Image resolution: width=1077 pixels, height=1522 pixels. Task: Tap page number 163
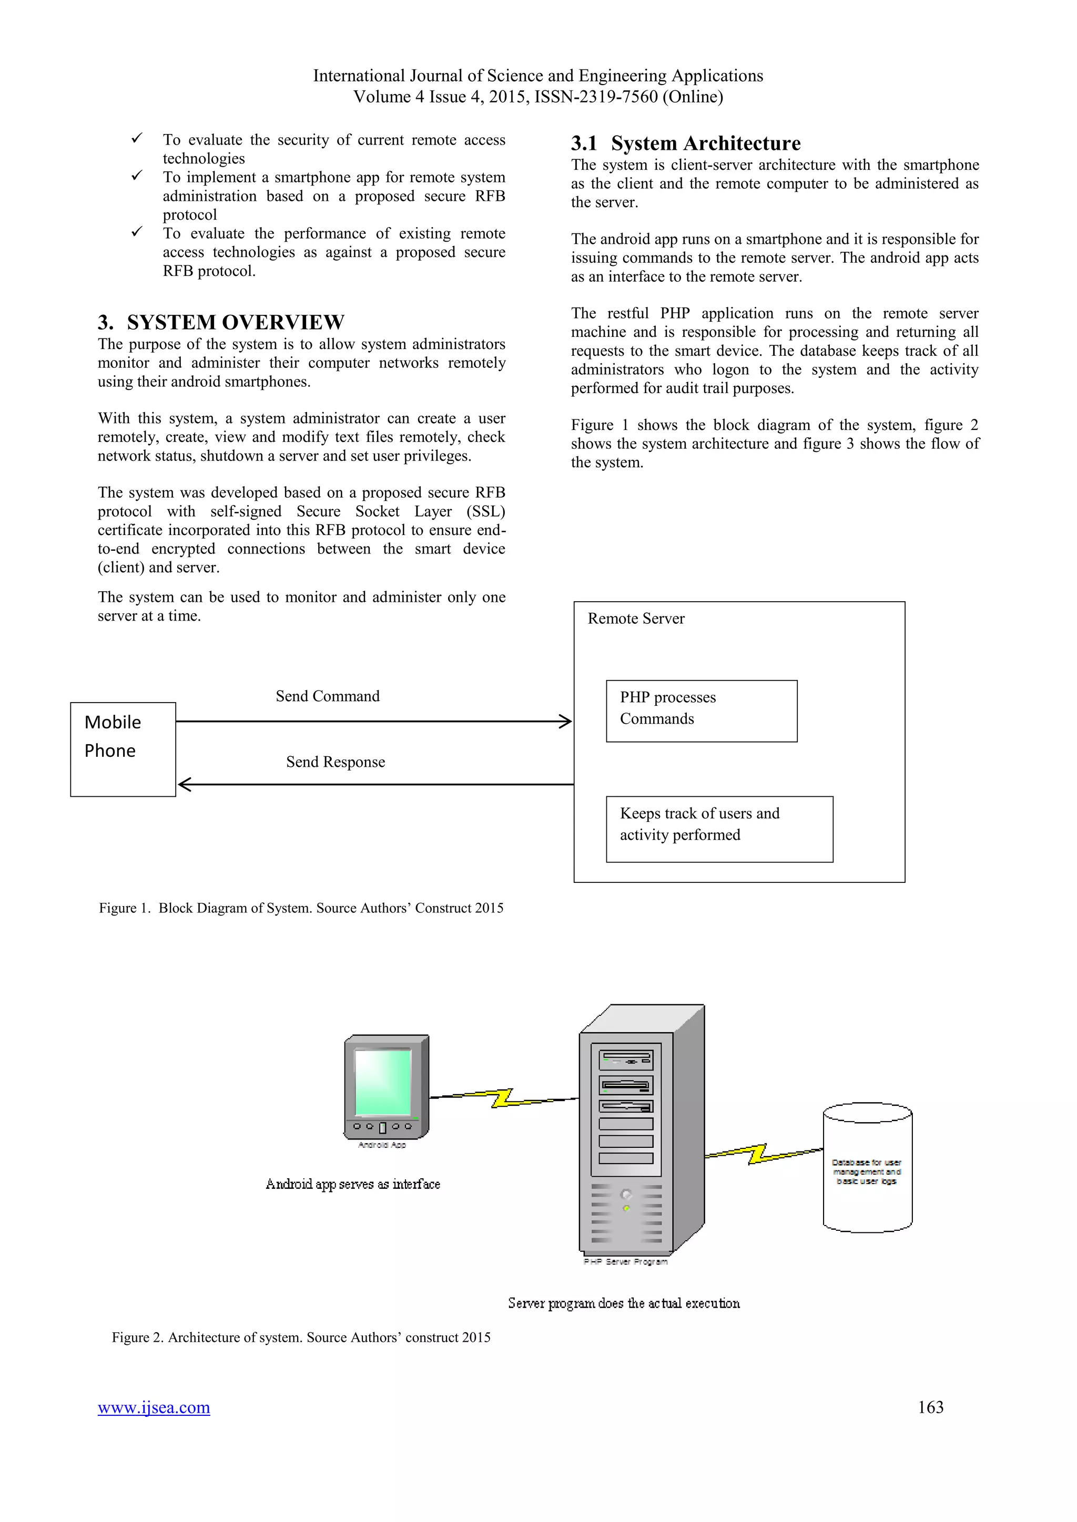[930, 1407]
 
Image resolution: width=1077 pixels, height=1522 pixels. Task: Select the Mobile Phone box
[123, 749]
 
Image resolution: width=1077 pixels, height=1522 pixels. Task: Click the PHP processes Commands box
[701, 711]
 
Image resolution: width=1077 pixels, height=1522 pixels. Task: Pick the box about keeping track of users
[719, 829]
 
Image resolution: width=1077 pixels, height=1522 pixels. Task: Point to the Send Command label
[328, 696]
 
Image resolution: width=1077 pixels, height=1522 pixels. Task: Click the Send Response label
[336, 762]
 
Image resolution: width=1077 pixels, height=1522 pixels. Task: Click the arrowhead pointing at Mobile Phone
[185, 784]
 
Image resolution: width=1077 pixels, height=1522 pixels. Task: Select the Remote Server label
[636, 619]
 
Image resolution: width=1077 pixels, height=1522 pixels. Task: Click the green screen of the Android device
[383, 1082]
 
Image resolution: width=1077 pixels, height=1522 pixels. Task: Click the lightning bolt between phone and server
[503, 1098]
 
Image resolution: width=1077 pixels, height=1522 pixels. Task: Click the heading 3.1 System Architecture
[686, 143]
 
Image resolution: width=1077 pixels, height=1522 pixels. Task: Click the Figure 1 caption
[301, 908]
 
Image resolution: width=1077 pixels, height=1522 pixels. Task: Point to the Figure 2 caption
[301, 1337]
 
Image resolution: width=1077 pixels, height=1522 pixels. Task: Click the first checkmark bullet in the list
[137, 139]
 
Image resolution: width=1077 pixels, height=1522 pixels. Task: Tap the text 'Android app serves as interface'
[353, 1184]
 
